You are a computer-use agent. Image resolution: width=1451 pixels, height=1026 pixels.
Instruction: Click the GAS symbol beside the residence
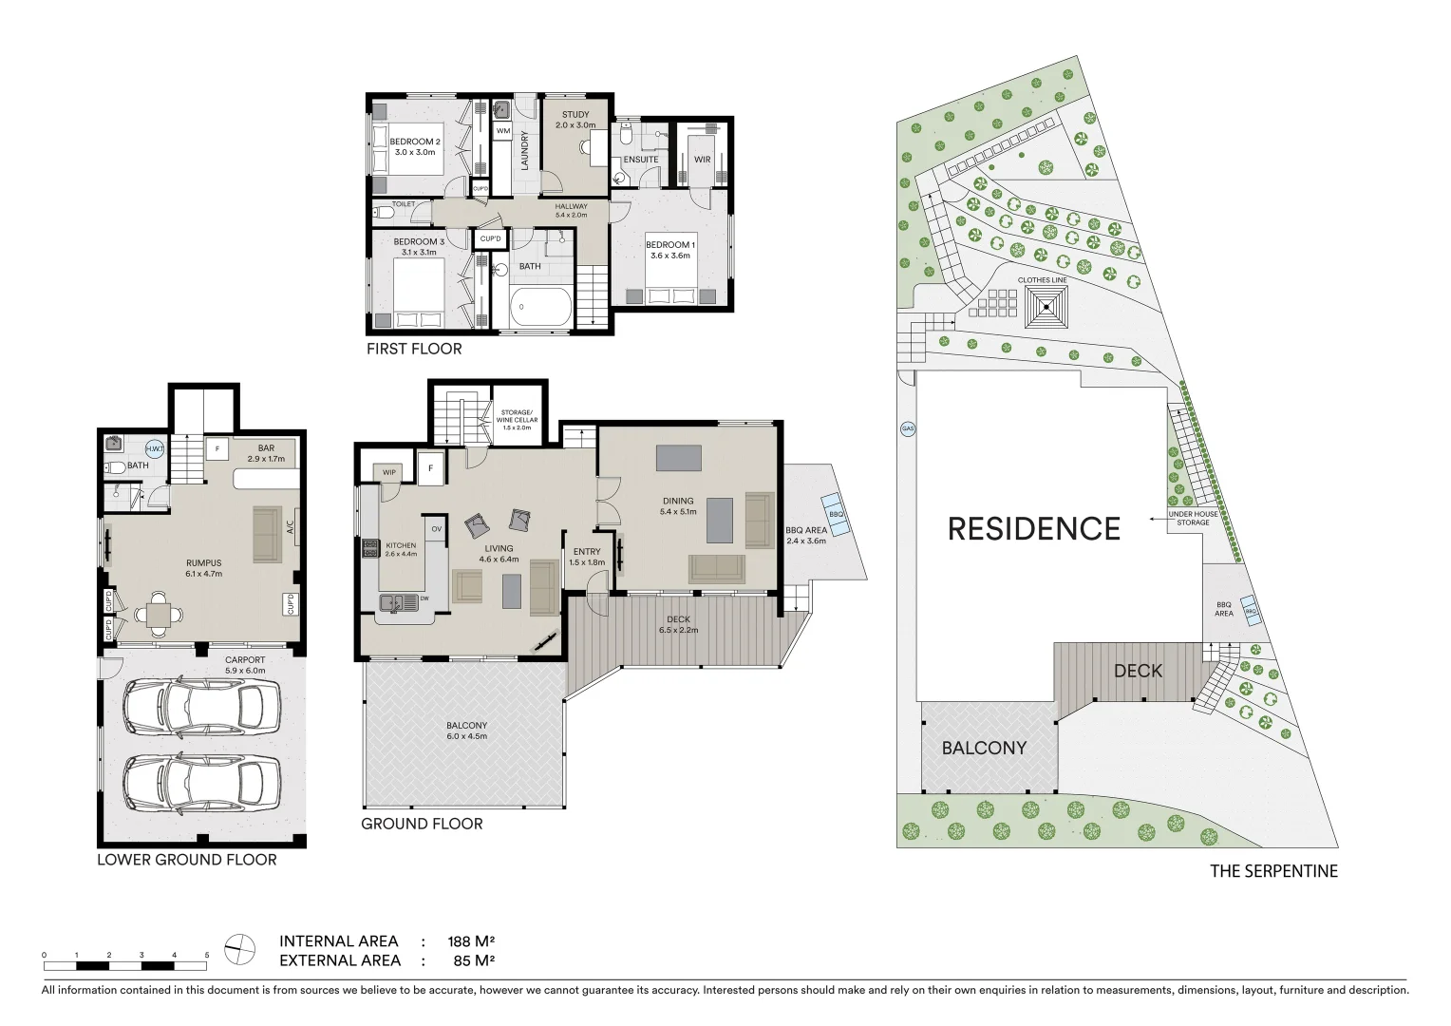coord(907,429)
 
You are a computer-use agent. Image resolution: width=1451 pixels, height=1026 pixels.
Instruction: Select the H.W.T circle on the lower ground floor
coord(153,449)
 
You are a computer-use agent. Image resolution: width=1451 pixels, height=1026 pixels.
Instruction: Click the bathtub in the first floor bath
coord(541,307)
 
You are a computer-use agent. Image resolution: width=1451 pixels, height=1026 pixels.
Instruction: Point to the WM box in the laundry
coord(502,130)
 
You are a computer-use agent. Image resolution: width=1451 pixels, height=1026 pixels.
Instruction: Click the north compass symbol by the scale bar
coord(241,948)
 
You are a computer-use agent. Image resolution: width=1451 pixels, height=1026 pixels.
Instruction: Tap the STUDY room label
coord(575,115)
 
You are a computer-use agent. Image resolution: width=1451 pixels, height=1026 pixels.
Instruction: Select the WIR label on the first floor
coord(702,160)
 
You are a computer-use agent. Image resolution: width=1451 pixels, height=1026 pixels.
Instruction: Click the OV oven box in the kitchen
coord(436,529)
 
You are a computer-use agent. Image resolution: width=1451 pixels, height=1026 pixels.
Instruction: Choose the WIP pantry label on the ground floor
coord(388,472)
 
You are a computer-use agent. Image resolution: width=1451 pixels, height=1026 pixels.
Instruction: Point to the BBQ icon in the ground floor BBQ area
coord(835,514)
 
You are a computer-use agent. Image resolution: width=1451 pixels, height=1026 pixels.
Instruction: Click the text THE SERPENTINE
coord(1272,871)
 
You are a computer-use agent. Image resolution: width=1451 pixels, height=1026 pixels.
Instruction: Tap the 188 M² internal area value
coord(471,942)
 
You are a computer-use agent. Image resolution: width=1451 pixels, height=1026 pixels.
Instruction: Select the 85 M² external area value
coord(475,960)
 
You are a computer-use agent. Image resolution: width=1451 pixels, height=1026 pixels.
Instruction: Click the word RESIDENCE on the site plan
coord(1034,528)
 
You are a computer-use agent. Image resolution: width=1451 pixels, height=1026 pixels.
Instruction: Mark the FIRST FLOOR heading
coord(414,349)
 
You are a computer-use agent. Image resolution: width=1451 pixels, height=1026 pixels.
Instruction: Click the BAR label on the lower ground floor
coord(266,448)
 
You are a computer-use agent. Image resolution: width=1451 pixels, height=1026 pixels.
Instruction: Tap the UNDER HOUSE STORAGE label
coord(1193,519)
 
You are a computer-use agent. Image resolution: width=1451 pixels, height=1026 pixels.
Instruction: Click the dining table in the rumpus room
coord(159,616)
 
